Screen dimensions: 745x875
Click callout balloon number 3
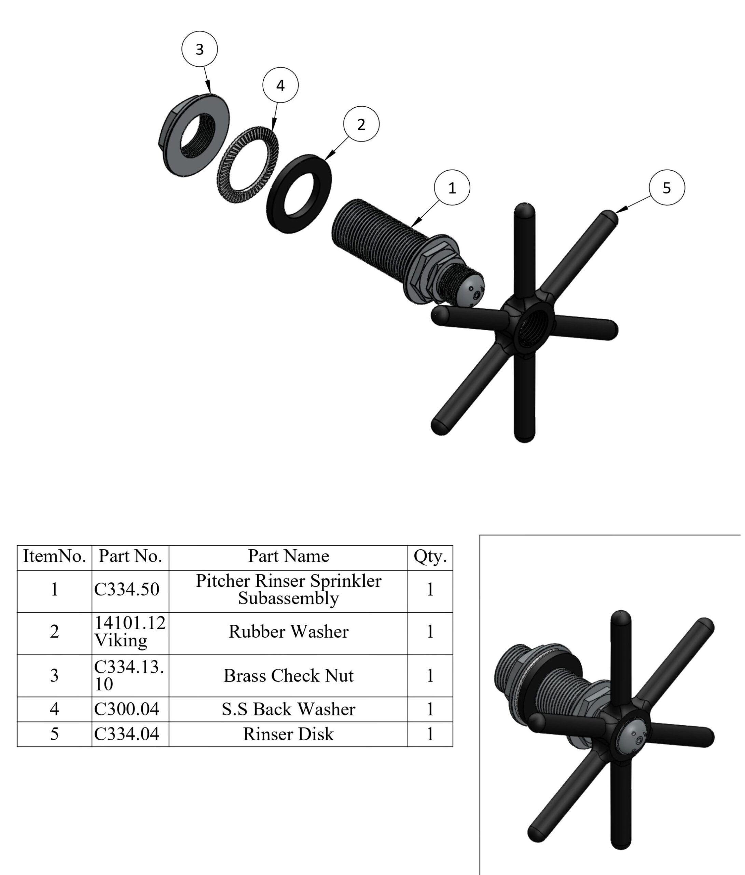(x=199, y=49)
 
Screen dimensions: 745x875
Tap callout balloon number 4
(x=280, y=85)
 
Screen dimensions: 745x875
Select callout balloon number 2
(x=361, y=124)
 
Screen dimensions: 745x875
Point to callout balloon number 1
(x=452, y=188)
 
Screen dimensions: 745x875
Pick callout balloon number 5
(x=666, y=188)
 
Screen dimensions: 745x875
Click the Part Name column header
(x=288, y=556)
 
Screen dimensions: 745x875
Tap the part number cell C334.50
(x=127, y=589)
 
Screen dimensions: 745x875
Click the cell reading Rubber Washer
(x=288, y=631)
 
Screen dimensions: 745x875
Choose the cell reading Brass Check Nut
(x=288, y=675)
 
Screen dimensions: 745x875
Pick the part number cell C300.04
(x=127, y=709)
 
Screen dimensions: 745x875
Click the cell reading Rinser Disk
(x=288, y=733)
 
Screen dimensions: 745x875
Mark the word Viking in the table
(x=121, y=641)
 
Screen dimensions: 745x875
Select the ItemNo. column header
(x=54, y=556)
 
